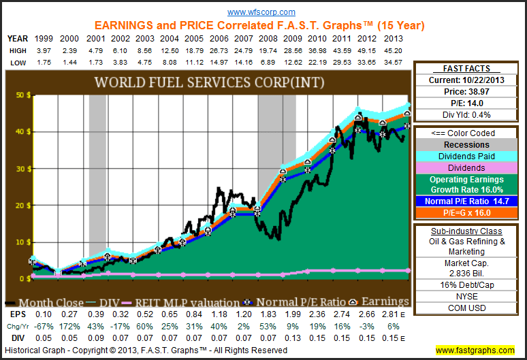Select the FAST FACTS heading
tap(468, 69)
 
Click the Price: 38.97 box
tap(468, 91)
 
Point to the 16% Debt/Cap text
tap(468, 285)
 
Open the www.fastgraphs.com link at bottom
tap(475, 350)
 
